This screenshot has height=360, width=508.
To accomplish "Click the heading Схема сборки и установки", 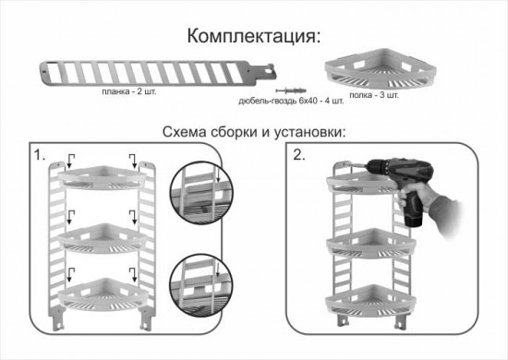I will click(x=253, y=131).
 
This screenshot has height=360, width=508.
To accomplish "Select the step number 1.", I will click(x=39, y=155).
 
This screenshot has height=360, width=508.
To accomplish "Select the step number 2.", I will click(x=299, y=155).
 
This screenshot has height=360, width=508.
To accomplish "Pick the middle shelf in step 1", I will click(x=98, y=237).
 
